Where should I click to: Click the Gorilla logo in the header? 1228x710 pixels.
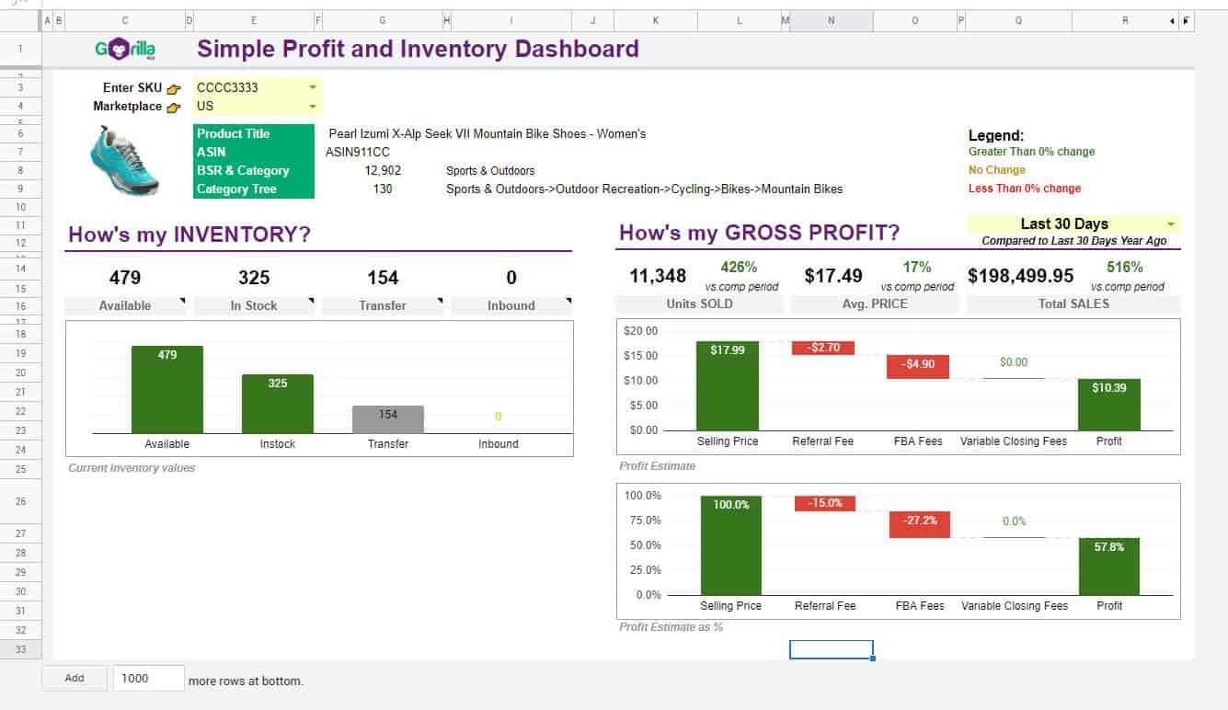125,49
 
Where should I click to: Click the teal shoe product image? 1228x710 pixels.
124,160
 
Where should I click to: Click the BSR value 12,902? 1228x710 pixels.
383,170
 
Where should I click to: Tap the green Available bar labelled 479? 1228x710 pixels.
167,389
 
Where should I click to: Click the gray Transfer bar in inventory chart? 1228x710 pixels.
388,419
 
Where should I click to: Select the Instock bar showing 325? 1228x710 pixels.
278,403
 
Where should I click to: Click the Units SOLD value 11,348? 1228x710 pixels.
658,276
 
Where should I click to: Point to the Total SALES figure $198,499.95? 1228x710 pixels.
1020,276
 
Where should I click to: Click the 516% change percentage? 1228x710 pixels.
1124,268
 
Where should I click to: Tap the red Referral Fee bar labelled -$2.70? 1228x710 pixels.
823,348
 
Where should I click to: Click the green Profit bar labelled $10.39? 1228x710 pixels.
1109,405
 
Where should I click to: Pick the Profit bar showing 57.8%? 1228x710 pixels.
1109,566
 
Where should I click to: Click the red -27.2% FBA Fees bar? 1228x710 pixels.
920,524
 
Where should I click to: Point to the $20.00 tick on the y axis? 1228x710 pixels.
640,331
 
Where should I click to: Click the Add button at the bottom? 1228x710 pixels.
75,678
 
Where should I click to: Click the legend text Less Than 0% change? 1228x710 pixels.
1024,189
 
